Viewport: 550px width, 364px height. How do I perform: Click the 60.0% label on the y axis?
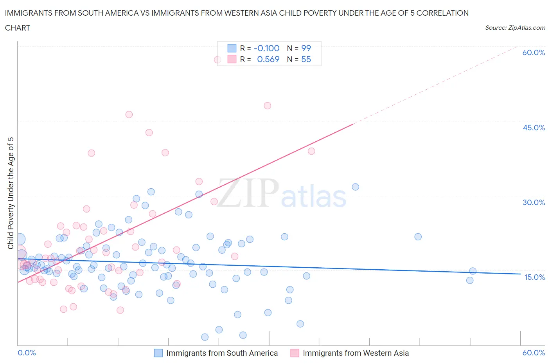point(534,52)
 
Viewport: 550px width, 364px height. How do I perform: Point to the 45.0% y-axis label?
point(534,128)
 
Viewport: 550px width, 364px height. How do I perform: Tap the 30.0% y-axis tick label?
point(534,202)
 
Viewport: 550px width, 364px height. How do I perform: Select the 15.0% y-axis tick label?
point(534,277)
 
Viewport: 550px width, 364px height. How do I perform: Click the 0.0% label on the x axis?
point(27,353)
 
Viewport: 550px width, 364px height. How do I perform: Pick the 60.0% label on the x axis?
point(534,353)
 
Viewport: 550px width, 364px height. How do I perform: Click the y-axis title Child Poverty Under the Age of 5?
point(11,193)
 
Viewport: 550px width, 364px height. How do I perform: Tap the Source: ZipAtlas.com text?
point(515,28)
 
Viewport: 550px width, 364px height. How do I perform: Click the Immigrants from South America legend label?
point(222,353)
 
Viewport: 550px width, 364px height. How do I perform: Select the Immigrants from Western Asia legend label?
point(356,353)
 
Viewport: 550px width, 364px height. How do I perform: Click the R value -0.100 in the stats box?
point(266,48)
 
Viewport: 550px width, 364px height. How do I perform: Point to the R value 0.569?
point(268,59)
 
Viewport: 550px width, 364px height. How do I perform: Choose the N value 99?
point(306,48)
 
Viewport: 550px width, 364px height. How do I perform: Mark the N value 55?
point(306,59)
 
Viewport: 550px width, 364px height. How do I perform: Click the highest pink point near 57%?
point(218,59)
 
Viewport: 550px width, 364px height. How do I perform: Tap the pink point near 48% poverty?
point(267,106)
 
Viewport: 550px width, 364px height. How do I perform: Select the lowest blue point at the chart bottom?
point(205,337)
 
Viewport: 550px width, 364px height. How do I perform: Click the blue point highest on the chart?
point(355,187)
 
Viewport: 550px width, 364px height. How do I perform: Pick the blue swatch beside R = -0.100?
point(232,48)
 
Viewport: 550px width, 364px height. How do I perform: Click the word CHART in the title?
point(18,28)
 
